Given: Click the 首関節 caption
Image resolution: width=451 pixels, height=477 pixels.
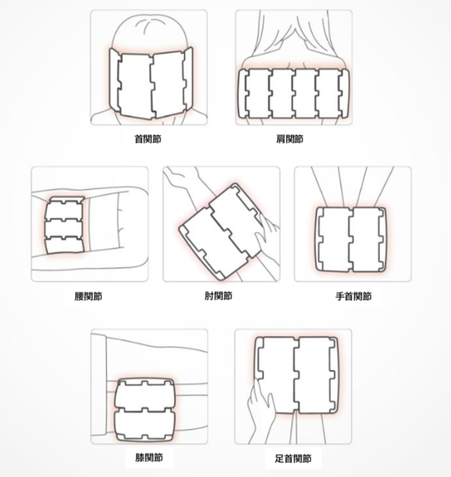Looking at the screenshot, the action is click(148, 139).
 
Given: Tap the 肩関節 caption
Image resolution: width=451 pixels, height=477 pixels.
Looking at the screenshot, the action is click(290, 139).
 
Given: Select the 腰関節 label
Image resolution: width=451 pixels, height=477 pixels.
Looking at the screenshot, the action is click(89, 297).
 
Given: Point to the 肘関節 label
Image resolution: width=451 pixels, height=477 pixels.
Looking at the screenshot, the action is click(219, 296).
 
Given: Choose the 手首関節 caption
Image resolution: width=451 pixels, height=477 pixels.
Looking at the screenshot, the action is click(353, 297).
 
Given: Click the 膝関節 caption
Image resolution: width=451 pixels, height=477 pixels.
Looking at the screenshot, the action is click(149, 458).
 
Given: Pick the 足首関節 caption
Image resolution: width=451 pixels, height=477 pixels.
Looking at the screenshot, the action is click(293, 459).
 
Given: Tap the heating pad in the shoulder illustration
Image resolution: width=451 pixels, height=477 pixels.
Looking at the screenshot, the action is click(293, 94).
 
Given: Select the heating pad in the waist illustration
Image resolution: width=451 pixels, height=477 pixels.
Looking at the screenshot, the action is click(64, 225).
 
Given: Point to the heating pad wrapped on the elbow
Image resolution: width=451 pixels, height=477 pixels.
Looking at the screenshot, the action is click(220, 231).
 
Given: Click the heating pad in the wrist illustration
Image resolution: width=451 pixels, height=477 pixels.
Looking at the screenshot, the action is click(351, 240).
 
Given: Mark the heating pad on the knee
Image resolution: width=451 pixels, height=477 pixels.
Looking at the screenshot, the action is click(144, 409).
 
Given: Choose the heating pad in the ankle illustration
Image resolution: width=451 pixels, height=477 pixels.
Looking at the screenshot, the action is click(296, 375).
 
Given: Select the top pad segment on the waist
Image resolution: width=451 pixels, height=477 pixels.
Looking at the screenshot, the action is click(65, 209).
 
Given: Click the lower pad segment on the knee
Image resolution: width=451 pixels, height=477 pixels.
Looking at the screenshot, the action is click(144, 424).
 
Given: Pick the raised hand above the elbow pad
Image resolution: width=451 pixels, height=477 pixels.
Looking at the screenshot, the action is click(175, 175).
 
